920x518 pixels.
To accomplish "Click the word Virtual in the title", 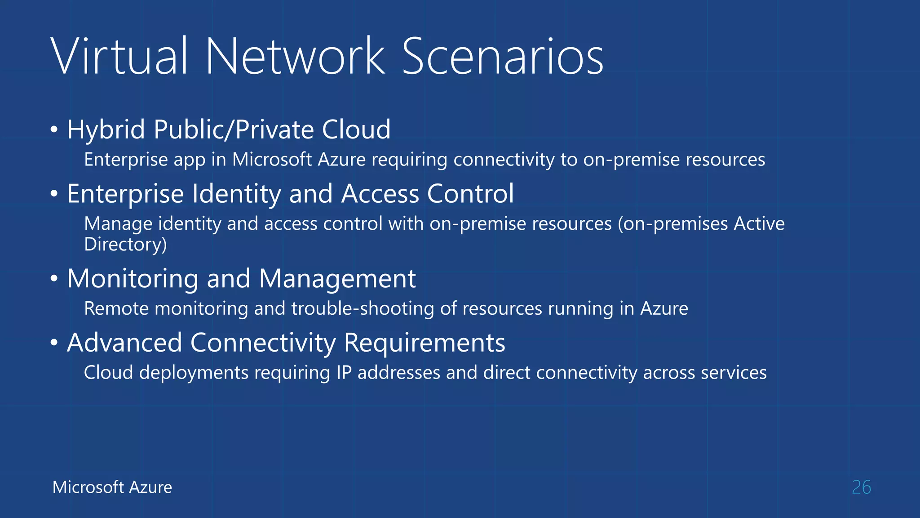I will pyautogui.click(x=119, y=57).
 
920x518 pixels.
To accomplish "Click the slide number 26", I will pyautogui.click(x=861, y=487).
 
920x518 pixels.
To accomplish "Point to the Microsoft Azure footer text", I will pyautogui.click(x=112, y=487).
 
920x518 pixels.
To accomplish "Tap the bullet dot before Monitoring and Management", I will pyautogui.click(x=54, y=279).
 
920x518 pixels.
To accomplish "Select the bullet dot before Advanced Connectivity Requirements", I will pyautogui.click(x=54, y=343).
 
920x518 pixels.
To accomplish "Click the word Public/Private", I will pyautogui.click(x=234, y=130).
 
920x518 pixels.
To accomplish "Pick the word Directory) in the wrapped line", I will pyautogui.click(x=125, y=245).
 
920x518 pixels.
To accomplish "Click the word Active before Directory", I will pyautogui.click(x=759, y=223).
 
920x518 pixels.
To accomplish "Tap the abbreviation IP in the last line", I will pyautogui.click(x=344, y=373).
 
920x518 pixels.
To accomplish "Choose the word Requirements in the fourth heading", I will pyautogui.click(x=425, y=343).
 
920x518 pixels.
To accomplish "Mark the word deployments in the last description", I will pyautogui.click(x=194, y=373).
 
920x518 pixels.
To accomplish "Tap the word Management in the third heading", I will pyautogui.click(x=337, y=279).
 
